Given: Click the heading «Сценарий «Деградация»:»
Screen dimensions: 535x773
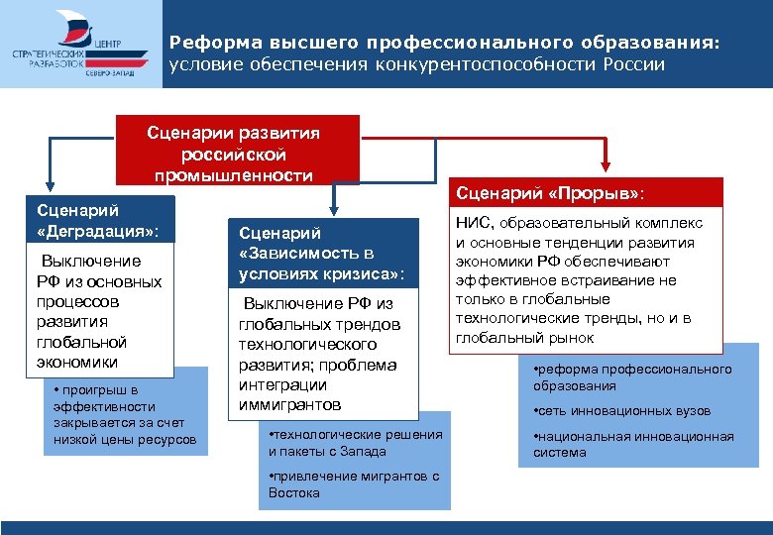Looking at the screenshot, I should (x=96, y=221).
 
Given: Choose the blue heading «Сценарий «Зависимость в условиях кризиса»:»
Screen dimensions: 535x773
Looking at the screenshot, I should (x=321, y=253).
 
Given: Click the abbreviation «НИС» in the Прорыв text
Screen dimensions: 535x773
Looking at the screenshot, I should (x=473, y=224).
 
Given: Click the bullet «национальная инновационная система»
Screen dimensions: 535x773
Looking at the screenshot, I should (x=633, y=444).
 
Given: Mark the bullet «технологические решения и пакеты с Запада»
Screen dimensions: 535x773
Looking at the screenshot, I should (x=355, y=443).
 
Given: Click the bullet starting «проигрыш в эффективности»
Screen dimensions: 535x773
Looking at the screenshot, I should (x=125, y=414).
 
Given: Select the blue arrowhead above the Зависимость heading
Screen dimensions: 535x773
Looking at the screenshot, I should (x=335, y=208).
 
